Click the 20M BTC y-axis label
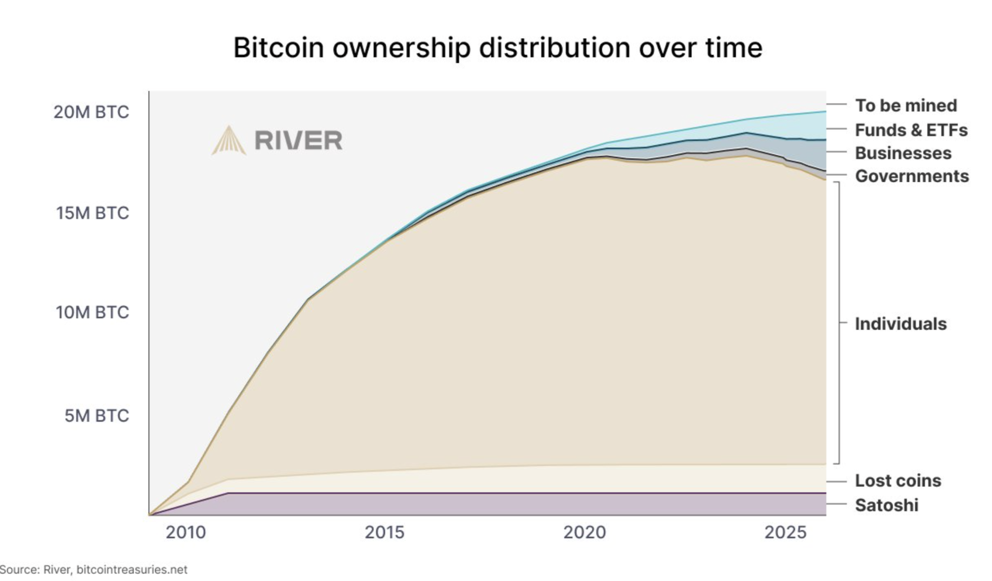[x=91, y=112]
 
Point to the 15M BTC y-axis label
[x=92, y=213]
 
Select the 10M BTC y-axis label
[x=92, y=313]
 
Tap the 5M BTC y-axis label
[x=97, y=416]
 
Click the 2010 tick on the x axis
[x=186, y=533]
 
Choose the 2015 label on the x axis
[x=384, y=533]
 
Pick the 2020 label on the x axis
[x=585, y=533]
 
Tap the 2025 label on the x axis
[x=785, y=533]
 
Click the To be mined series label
[x=906, y=105]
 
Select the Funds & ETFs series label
[x=911, y=130]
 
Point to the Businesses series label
[x=903, y=153]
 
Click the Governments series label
[x=912, y=176]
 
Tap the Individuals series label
[x=901, y=324]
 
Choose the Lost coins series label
[x=898, y=481]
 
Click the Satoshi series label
[x=887, y=505]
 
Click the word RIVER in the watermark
[x=298, y=141]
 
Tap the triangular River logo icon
[x=229, y=141]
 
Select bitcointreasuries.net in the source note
[x=132, y=570]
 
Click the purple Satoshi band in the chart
[x=512, y=504]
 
